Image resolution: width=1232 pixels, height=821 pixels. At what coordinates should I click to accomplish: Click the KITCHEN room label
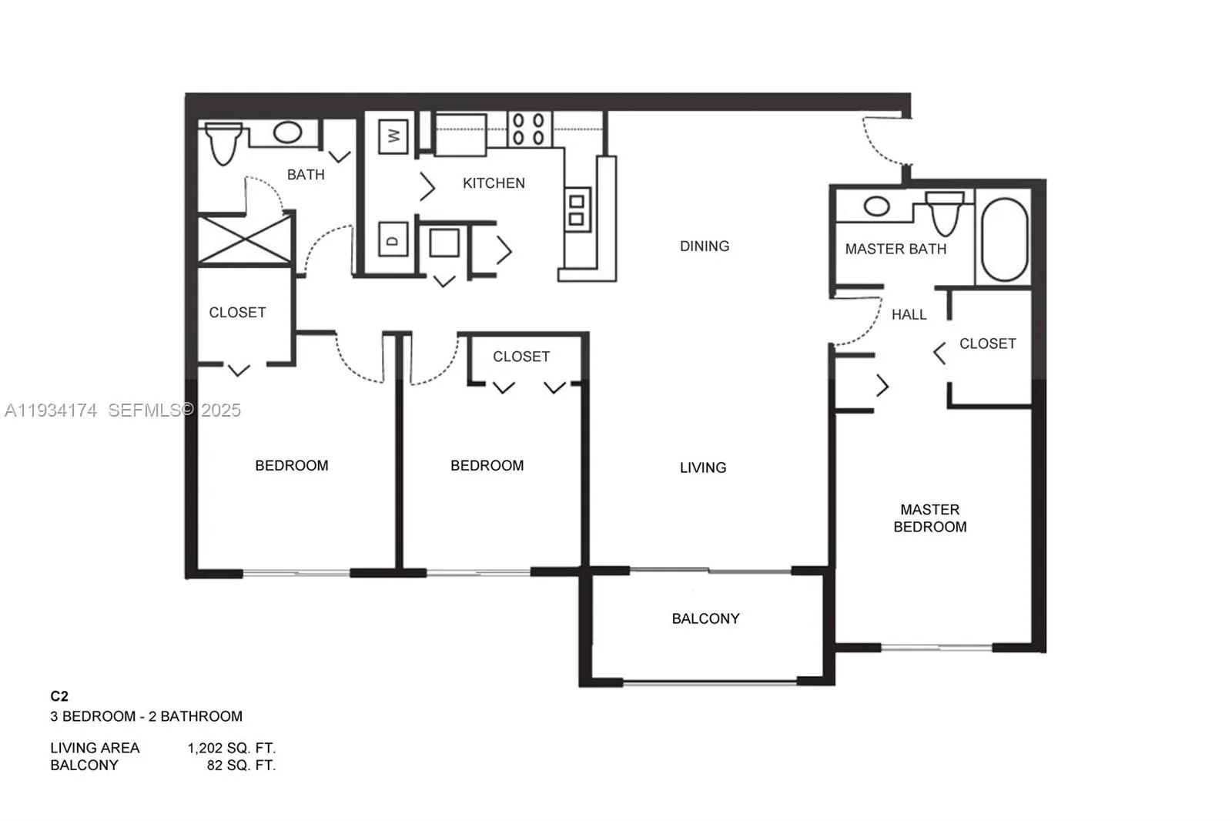click(x=494, y=183)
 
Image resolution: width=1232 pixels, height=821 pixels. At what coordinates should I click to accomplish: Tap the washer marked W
click(x=393, y=136)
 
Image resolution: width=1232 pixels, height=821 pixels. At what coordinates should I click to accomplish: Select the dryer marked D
click(x=393, y=240)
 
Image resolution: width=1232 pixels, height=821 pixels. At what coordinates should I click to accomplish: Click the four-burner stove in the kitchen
click(x=528, y=129)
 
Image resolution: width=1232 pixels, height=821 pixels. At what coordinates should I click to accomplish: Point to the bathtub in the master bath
click(x=1005, y=240)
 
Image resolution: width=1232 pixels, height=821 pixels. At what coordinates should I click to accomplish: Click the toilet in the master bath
click(x=945, y=213)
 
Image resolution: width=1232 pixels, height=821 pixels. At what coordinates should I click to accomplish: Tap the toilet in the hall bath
click(x=223, y=144)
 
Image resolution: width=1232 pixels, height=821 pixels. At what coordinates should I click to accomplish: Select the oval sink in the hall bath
click(x=287, y=132)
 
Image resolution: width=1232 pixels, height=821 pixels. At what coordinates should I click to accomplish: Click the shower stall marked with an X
click(x=245, y=240)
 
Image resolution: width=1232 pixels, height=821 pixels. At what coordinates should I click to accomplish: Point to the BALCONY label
click(x=705, y=618)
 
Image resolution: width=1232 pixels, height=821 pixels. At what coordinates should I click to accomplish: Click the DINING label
click(x=704, y=246)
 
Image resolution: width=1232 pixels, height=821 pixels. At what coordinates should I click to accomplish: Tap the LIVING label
click(x=702, y=467)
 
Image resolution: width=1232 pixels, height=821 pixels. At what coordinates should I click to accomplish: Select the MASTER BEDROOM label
click(x=929, y=518)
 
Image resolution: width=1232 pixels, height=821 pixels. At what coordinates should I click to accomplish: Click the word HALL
click(x=909, y=315)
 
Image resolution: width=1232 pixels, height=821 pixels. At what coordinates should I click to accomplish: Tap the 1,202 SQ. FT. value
click(x=231, y=748)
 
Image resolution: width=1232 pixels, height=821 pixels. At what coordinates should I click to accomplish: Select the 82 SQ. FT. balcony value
click(x=240, y=766)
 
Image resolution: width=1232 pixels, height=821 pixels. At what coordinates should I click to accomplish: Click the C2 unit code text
click(x=59, y=696)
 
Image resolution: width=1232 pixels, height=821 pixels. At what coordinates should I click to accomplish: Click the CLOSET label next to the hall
click(x=987, y=343)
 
